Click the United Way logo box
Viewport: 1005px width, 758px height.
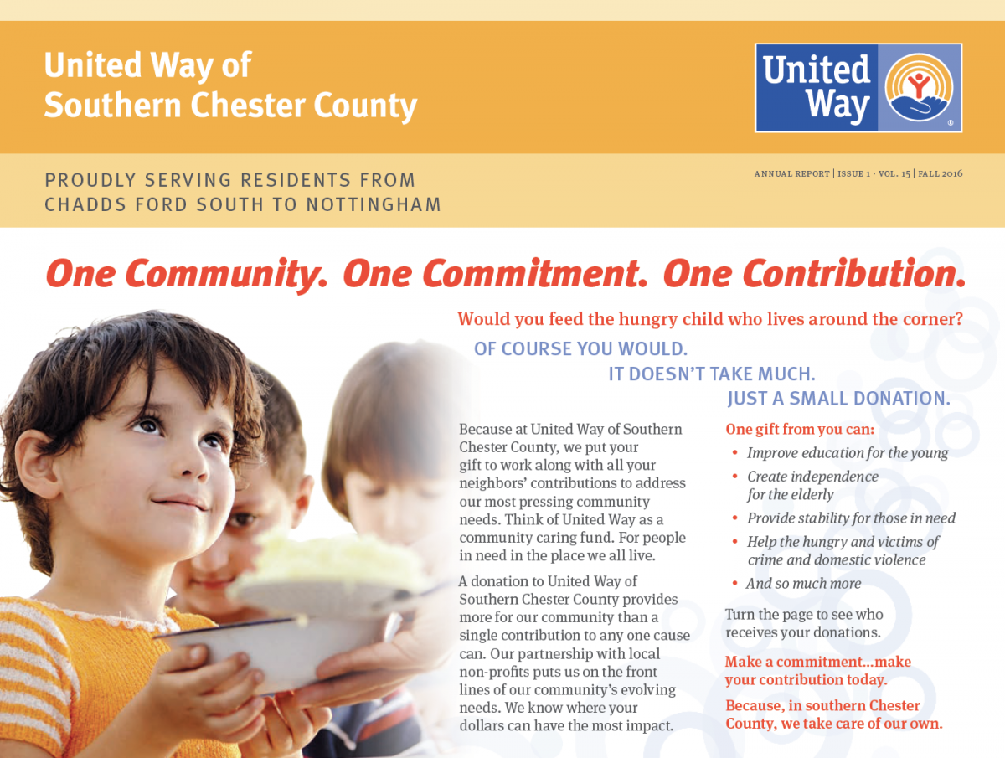click(x=858, y=88)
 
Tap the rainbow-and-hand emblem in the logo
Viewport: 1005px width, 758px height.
click(x=919, y=87)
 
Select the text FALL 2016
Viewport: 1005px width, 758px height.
click(x=940, y=174)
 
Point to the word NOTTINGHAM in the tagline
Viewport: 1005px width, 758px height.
click(x=374, y=204)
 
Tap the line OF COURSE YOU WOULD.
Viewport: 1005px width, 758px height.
click(x=580, y=348)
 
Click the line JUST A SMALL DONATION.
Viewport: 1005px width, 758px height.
click(x=839, y=398)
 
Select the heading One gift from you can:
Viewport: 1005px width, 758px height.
click(x=800, y=430)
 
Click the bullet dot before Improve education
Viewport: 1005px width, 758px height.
click(x=734, y=452)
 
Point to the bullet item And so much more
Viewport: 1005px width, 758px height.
click(x=803, y=584)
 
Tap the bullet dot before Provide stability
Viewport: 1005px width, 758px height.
click(x=734, y=518)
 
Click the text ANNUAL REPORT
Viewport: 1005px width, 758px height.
click(x=792, y=174)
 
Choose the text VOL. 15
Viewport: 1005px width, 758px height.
click(x=894, y=174)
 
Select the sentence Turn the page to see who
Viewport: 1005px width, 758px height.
click(x=804, y=615)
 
